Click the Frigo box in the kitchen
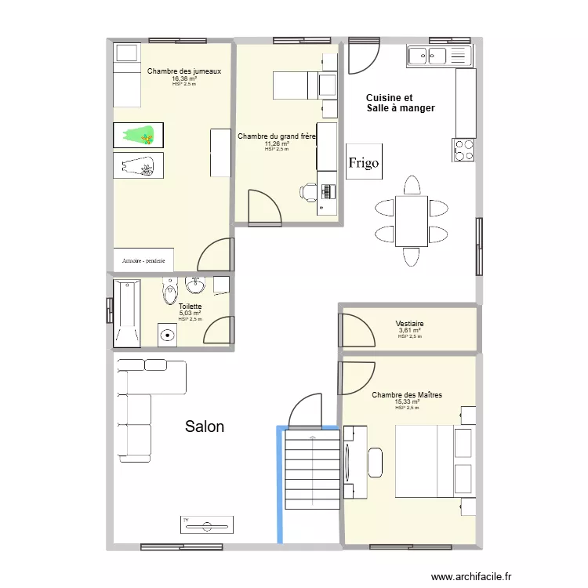[364, 162]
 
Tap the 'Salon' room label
[205, 426]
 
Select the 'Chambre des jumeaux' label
[184, 71]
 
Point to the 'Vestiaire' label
[410, 323]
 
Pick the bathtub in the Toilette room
[126, 313]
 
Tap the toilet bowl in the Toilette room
[169, 293]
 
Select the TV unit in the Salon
[207, 524]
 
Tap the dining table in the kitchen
[412, 221]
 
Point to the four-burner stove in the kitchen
[464, 149]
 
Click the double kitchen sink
[437, 55]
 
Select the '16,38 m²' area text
[184, 78]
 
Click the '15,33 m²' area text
[407, 402]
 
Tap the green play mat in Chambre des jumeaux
[139, 135]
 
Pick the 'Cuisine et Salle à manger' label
[400, 103]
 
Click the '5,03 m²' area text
[190, 313]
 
